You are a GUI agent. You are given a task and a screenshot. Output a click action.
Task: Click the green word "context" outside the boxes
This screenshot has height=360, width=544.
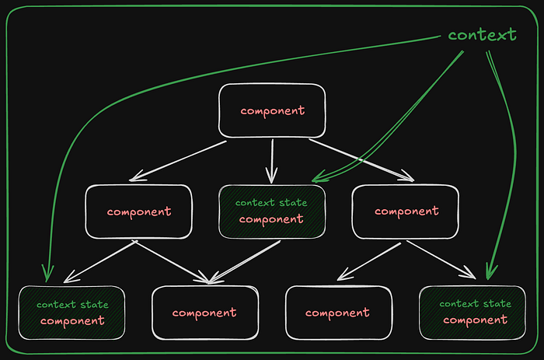coord(482,35)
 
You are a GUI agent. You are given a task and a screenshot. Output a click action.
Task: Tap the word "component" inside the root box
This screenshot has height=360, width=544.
coord(272,110)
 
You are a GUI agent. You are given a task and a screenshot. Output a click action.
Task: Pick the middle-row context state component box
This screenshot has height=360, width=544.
coord(271,211)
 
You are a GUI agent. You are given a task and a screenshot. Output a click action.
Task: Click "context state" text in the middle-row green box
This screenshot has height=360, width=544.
coord(271,203)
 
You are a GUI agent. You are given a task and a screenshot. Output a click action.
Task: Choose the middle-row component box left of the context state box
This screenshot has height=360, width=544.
coord(139,211)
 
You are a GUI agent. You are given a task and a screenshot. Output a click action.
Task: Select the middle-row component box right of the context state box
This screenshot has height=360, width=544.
coord(406,211)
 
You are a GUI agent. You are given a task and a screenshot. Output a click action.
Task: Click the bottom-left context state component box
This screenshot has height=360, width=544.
coord(71,312)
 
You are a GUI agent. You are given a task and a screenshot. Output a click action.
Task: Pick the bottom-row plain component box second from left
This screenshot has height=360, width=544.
coord(204,313)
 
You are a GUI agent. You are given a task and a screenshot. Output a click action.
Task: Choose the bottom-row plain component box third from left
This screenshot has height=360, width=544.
coord(338,313)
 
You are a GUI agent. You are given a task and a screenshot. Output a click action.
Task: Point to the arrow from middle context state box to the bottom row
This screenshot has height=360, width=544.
coord(245,260)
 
